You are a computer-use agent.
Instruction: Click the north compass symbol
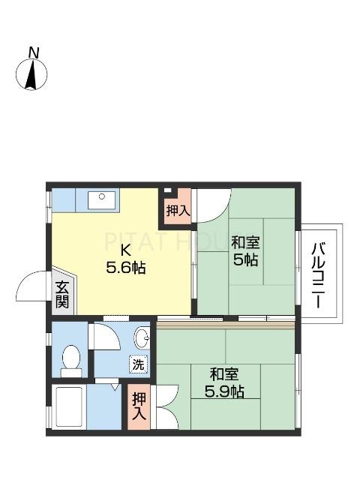pos(31,74)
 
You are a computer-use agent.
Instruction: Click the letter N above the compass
pos(33,52)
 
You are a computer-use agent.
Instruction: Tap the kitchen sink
pos(100,199)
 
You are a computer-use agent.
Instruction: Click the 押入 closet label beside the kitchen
pos(178,211)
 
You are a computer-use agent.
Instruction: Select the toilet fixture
pos(71,361)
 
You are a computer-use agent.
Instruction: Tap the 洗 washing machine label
pos(139,364)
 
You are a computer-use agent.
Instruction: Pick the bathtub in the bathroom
pos(69,406)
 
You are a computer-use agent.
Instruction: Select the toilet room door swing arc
pos(105,337)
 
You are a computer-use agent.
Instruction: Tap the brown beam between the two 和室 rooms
pos(225,325)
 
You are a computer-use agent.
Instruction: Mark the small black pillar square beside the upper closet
pos(167,191)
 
